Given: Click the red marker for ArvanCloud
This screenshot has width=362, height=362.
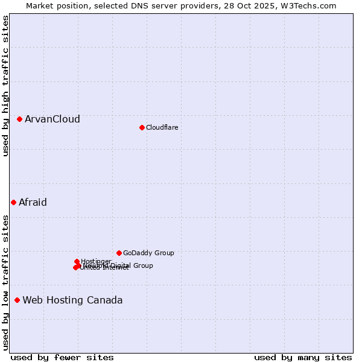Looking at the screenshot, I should click(19, 119).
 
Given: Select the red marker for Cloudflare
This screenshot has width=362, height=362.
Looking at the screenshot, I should click(142, 127).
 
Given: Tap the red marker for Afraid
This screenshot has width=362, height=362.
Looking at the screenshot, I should click(13, 202).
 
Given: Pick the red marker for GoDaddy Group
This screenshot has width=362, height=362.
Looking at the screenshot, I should click(119, 253).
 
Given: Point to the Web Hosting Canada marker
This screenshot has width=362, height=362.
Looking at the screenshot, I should click(17, 300).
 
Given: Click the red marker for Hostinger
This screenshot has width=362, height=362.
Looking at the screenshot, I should click(77, 261).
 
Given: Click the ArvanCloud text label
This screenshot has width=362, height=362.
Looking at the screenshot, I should click(52, 119).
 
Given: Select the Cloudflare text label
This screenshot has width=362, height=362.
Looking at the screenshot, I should click(162, 127).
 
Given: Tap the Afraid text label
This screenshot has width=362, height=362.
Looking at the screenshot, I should click(33, 202).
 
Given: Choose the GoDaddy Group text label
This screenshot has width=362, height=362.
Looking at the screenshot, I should click(148, 253).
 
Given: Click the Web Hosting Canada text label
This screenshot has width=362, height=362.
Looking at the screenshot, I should click(72, 300).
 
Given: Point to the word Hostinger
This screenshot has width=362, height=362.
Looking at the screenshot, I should click(96, 261).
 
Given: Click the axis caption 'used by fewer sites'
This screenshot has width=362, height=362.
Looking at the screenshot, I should click(62, 357).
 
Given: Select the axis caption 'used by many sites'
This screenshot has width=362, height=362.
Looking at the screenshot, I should click(303, 357).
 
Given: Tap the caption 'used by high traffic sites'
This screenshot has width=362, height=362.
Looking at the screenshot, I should click(5, 86).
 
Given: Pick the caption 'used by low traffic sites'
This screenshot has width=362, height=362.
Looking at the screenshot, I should click(5, 282).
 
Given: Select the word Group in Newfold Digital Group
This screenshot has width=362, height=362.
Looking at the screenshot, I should click(142, 265).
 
